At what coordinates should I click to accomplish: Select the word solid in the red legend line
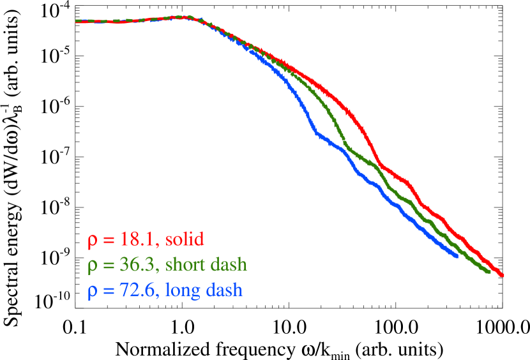point(185,240)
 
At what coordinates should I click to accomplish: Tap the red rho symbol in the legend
point(93,242)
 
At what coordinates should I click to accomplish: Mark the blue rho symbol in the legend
point(93,292)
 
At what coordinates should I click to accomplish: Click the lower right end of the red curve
point(503,275)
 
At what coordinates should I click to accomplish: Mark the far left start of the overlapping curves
point(77,21)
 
